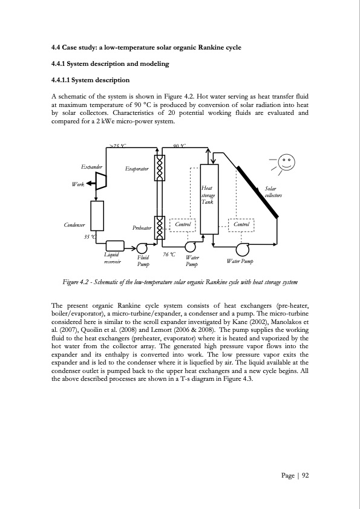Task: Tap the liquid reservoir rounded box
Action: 115,245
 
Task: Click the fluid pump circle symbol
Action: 143,248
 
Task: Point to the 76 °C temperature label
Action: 169,254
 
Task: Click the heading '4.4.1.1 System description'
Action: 90,80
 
